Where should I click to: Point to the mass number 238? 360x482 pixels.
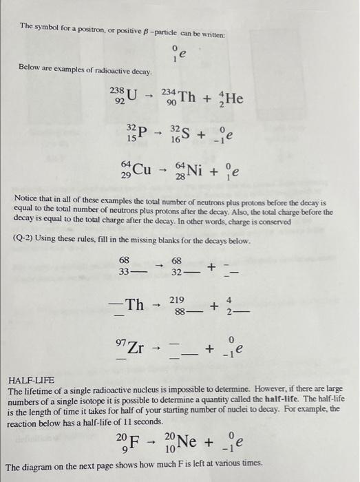[118, 90]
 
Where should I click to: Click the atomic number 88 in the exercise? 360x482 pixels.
[178, 311]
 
